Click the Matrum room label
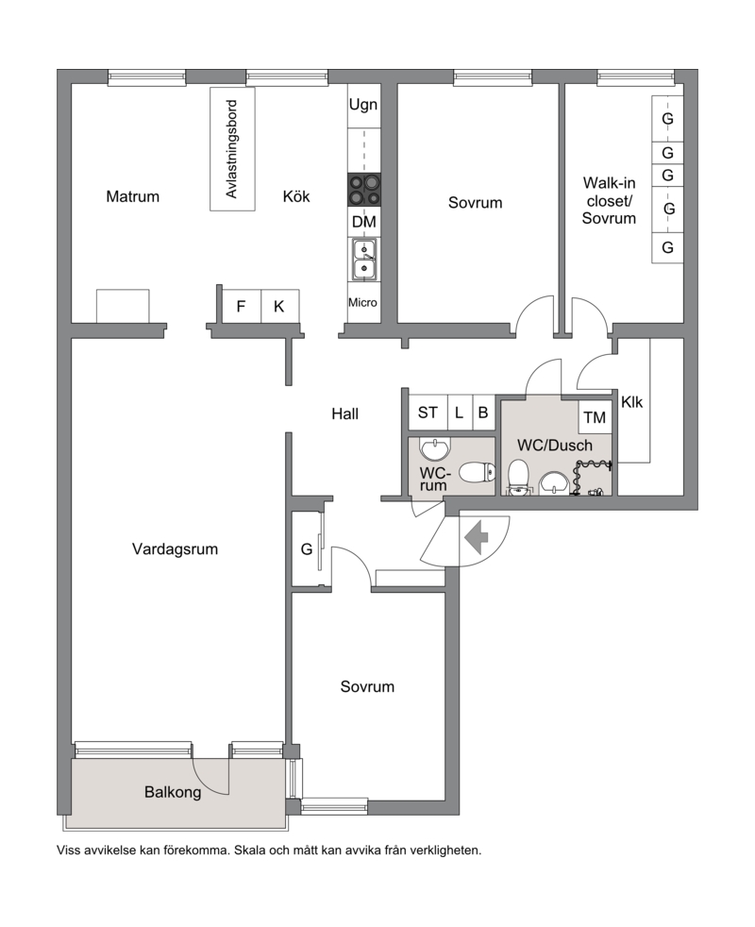132,196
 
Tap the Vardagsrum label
175,549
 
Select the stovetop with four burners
363,189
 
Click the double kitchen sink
363,259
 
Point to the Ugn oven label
363,105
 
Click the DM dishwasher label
363,222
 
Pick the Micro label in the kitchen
362,303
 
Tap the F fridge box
241,306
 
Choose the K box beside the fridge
279,306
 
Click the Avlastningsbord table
233,149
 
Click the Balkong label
173,792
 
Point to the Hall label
344,413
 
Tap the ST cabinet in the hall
428,413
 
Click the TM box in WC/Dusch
595,417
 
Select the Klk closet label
632,402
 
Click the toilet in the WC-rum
477,472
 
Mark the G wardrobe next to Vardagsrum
307,549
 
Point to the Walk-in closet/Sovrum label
609,200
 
